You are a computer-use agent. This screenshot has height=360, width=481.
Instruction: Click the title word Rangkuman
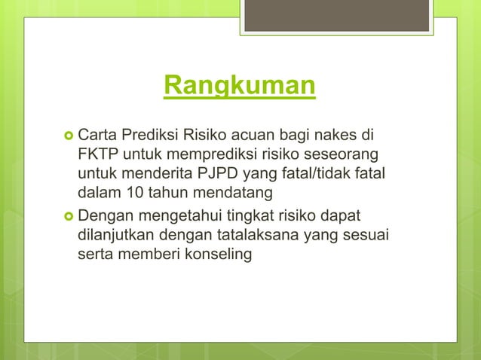coord(240,87)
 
